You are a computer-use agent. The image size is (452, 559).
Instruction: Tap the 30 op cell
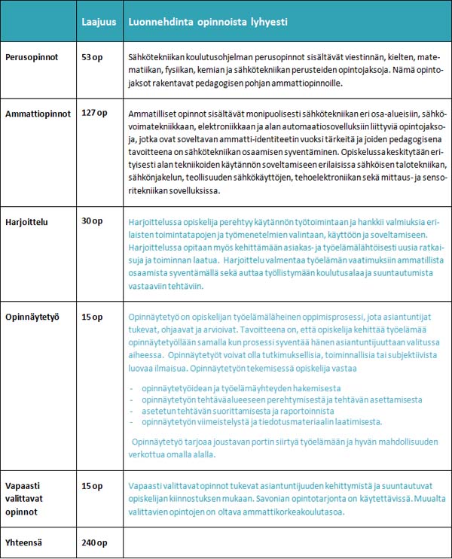tap(92, 220)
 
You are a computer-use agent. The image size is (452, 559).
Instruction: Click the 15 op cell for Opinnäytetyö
tap(92, 317)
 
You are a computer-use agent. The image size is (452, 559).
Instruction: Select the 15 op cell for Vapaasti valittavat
tap(92, 485)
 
